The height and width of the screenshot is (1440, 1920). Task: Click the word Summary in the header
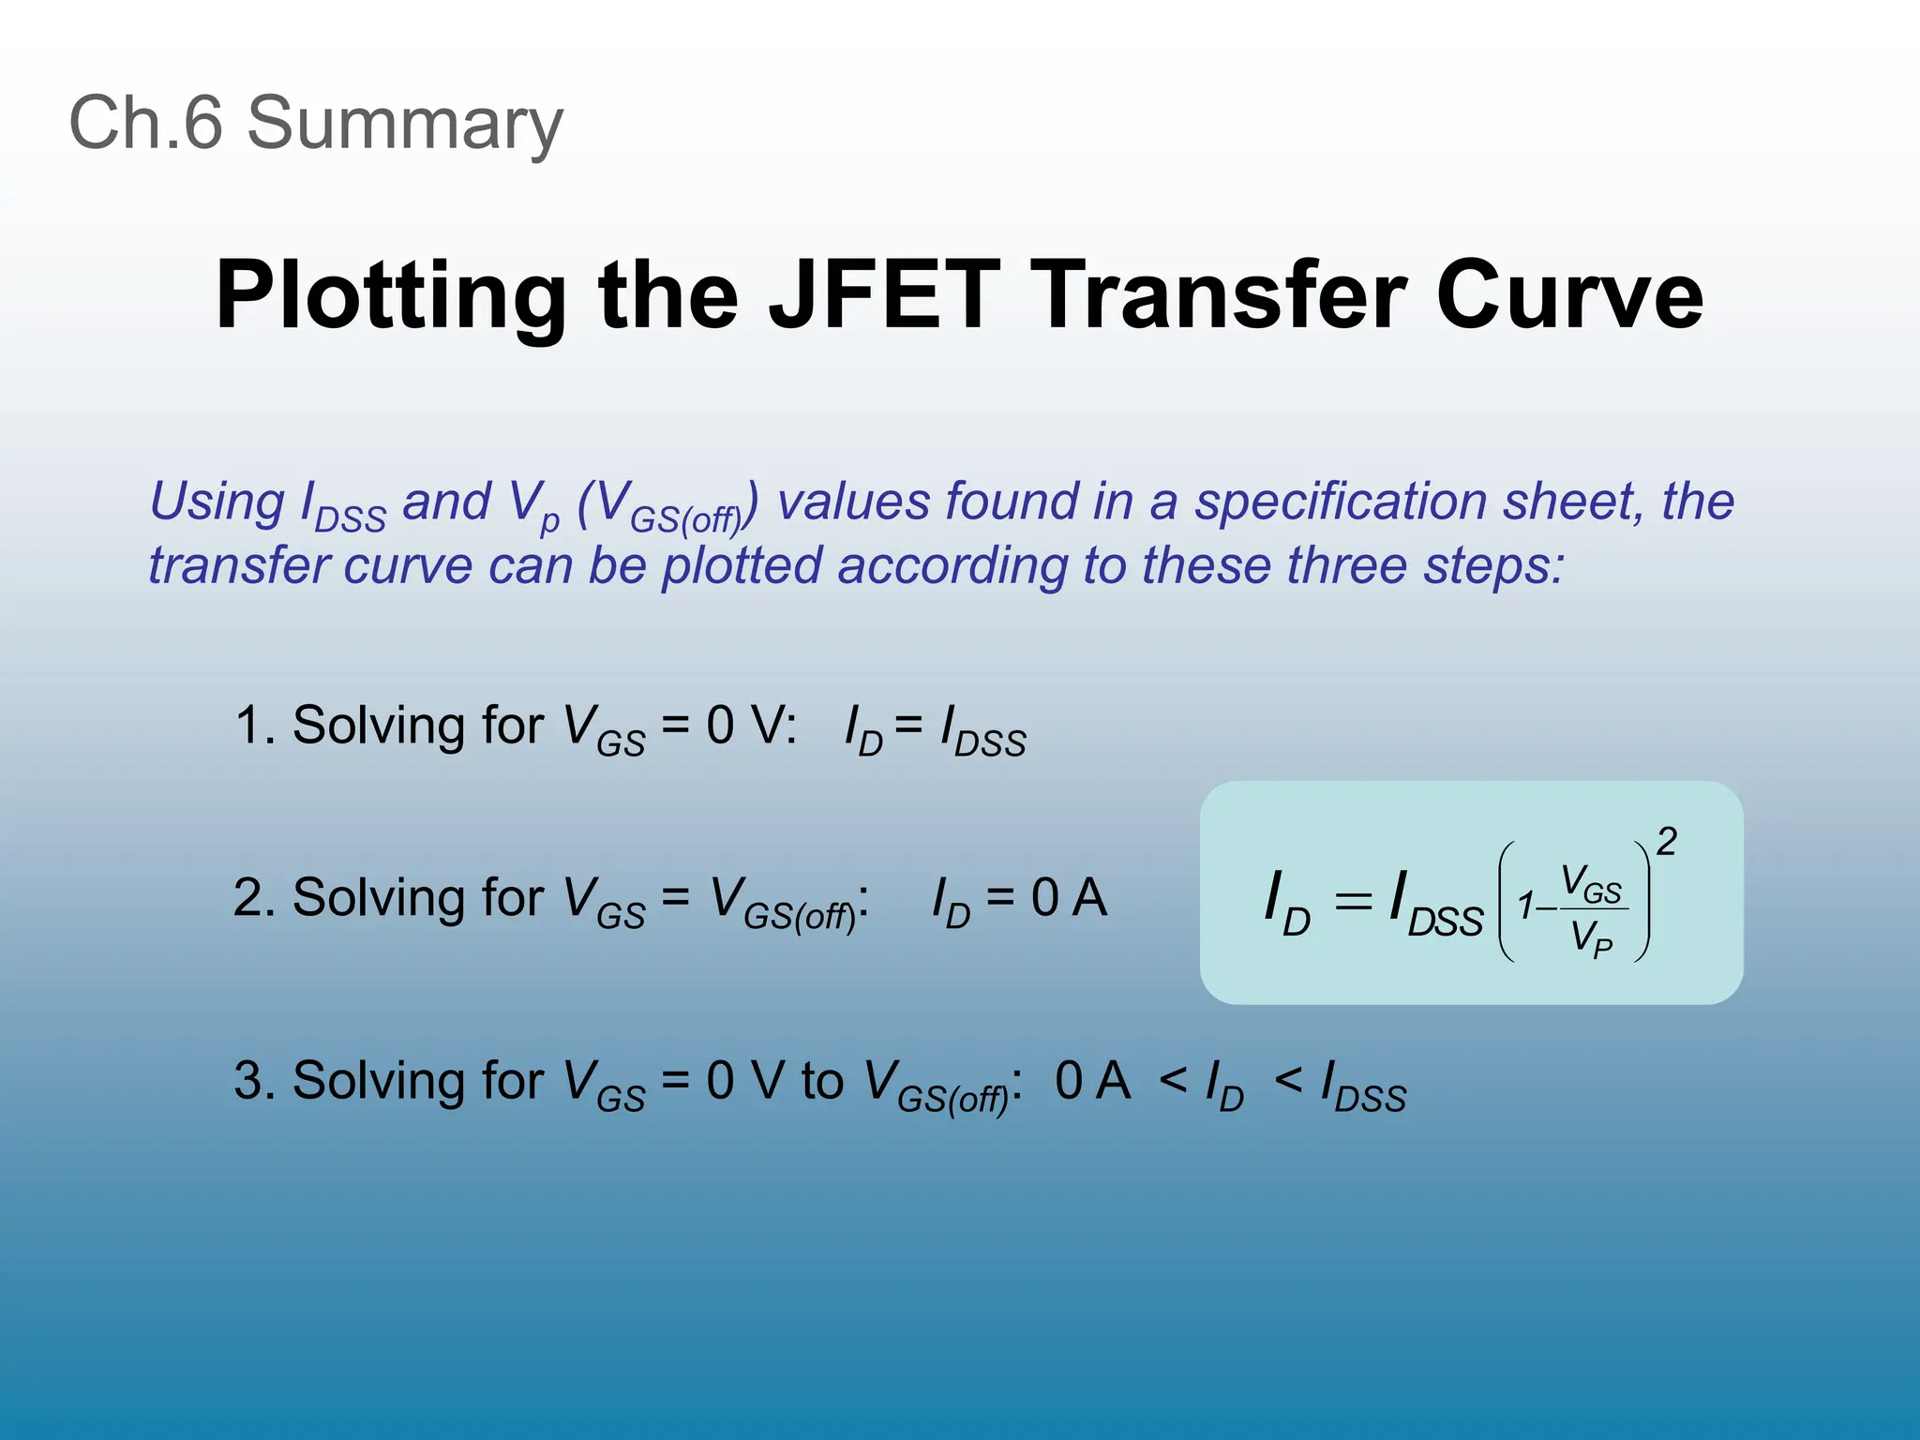pyautogui.click(x=404, y=124)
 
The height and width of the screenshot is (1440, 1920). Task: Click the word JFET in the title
pyautogui.click(x=884, y=295)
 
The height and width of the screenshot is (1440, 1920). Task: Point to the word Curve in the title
pyautogui.click(x=1569, y=295)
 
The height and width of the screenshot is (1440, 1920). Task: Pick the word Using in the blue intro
pyautogui.click(x=217, y=502)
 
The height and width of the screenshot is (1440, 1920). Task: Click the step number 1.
pyautogui.click(x=248, y=726)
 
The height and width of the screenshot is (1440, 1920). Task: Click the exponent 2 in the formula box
pyautogui.click(x=1666, y=841)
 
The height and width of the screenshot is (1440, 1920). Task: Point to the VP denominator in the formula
pyautogui.click(x=1592, y=937)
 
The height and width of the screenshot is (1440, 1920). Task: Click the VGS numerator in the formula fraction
pyautogui.click(x=1591, y=886)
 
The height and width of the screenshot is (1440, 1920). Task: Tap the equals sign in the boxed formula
pyautogui.click(x=1353, y=902)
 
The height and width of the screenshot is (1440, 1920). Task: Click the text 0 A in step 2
pyautogui.click(x=1069, y=897)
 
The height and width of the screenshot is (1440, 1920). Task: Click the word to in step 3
pyautogui.click(x=822, y=1080)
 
